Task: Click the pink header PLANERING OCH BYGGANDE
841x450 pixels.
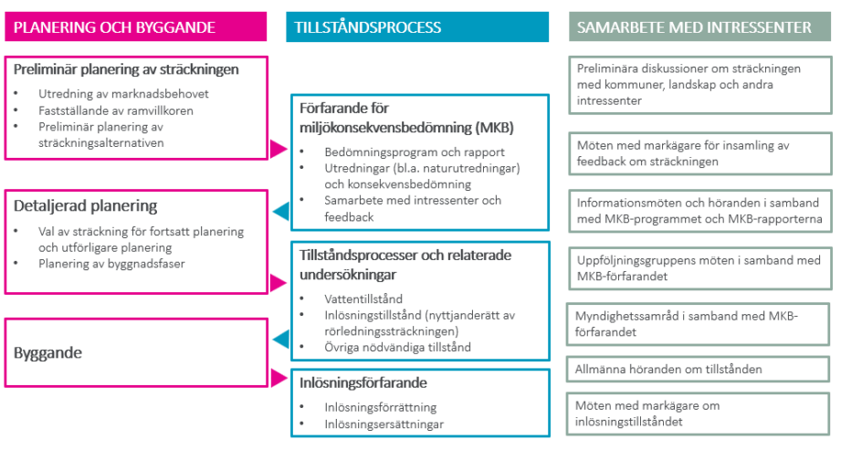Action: tap(136, 26)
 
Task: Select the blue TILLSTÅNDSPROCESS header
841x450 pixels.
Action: tap(417, 26)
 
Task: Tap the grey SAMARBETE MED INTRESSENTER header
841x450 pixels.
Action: tap(700, 26)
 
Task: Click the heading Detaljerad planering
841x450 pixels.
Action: tap(85, 206)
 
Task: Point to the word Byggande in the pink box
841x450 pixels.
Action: tap(47, 353)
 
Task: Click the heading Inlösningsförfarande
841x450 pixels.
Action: tap(363, 383)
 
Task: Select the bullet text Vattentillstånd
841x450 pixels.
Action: tap(363, 298)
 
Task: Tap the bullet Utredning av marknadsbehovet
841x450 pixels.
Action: tap(123, 94)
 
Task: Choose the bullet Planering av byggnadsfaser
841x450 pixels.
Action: tap(111, 264)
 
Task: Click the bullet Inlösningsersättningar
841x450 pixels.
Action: tap(384, 424)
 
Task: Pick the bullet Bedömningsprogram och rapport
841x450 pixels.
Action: tap(414, 152)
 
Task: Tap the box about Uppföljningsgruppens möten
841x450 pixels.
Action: tap(700, 268)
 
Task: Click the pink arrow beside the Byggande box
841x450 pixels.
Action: tap(279, 378)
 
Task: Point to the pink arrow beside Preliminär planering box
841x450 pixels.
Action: tap(279, 149)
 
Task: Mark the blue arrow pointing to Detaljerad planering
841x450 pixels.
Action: tap(280, 212)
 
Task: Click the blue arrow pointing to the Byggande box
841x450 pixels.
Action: tap(280, 339)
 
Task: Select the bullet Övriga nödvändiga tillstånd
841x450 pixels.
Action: tap(397, 347)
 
